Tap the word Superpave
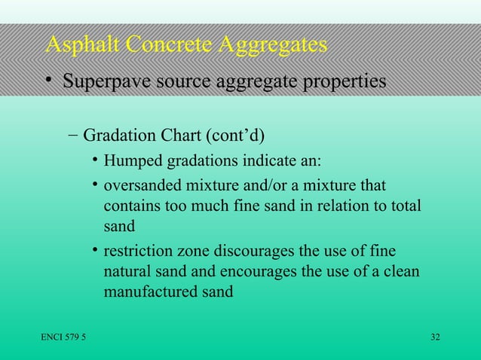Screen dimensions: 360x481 [x=114, y=81]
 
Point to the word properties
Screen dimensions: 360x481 [x=336, y=81]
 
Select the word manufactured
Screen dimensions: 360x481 [x=150, y=291]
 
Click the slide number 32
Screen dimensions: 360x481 [x=435, y=336]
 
